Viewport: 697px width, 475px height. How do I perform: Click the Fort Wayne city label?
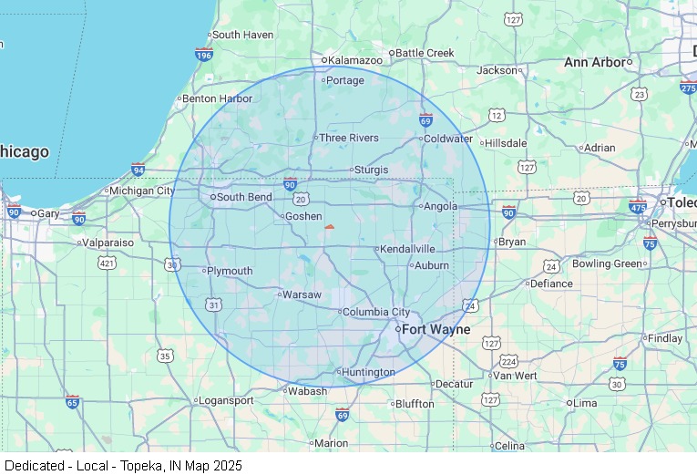436,329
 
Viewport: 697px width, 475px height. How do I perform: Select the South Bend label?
244,197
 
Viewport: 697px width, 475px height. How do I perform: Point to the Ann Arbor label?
597,62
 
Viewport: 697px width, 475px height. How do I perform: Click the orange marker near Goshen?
329,227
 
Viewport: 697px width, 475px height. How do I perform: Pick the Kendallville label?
408,249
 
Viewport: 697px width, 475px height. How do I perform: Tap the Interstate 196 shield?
204,55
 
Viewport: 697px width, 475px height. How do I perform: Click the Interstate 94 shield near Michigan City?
138,170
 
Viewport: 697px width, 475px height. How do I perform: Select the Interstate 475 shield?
638,208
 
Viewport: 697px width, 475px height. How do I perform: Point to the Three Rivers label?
348,138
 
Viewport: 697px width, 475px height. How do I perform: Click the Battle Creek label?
425,53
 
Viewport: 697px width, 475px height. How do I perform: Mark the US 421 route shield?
108,263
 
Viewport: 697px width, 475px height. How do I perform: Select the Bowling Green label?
607,263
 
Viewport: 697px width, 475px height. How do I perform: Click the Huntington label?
369,372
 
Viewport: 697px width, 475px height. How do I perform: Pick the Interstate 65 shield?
72,401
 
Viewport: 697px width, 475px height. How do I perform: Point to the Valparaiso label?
108,243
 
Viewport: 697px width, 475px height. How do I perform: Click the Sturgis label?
371,170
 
